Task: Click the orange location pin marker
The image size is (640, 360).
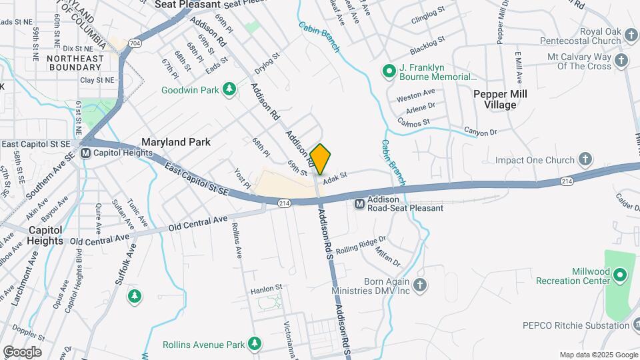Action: (x=321, y=159)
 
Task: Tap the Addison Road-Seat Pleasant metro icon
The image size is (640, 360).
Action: (x=359, y=203)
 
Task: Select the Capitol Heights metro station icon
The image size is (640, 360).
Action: (x=85, y=153)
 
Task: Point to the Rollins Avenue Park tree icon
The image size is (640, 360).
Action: (x=254, y=344)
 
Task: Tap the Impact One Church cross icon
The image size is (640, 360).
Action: (x=585, y=159)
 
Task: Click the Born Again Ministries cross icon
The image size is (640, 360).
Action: (x=419, y=286)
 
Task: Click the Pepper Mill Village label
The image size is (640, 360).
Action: (x=500, y=99)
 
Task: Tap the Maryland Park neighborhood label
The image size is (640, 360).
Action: (x=175, y=142)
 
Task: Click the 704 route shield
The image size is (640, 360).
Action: (x=135, y=43)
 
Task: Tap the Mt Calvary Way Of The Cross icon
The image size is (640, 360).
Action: (x=621, y=61)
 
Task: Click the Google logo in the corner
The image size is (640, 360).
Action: (x=22, y=351)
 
